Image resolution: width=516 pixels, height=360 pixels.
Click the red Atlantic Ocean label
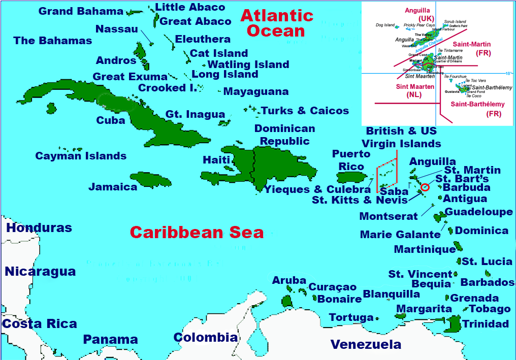[x=276, y=23]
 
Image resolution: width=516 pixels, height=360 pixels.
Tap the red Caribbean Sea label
[x=197, y=233]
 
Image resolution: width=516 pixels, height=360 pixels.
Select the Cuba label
[x=110, y=120]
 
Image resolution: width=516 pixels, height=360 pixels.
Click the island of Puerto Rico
[x=352, y=177]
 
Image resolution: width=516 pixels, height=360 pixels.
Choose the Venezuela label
[x=366, y=345]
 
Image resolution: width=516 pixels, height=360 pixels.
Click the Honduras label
[x=39, y=228]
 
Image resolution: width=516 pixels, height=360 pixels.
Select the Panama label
[x=110, y=339]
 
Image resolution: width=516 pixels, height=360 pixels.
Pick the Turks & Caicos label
[x=305, y=111]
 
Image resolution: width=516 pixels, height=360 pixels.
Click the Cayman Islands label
[x=81, y=156]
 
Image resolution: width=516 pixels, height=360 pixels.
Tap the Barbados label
[x=487, y=282]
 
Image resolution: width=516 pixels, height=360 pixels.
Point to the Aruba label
[x=289, y=280]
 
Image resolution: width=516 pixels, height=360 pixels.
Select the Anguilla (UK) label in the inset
[x=417, y=14]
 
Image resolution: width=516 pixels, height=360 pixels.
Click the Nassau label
[x=116, y=29]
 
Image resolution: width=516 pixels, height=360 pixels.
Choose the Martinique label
[x=425, y=249]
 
